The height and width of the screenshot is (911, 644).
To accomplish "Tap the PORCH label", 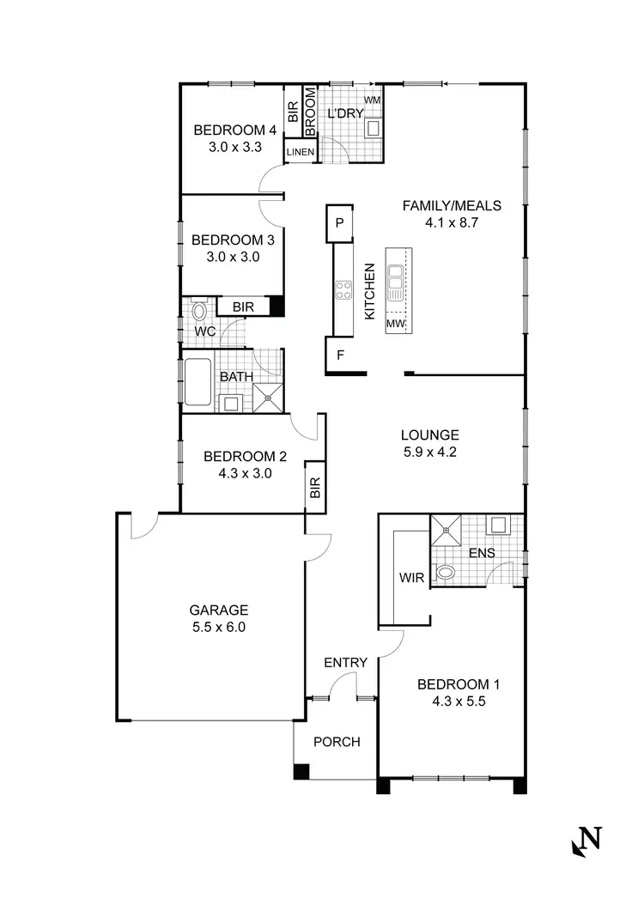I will pyautogui.click(x=336, y=742).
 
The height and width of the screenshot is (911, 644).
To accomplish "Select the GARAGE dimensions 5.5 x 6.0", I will pyautogui.click(x=218, y=627).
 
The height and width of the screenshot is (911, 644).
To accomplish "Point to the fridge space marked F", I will pyautogui.click(x=339, y=354).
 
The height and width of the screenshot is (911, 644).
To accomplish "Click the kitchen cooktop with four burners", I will pyautogui.click(x=343, y=290).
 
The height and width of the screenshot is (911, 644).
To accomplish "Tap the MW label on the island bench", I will pyautogui.click(x=395, y=324).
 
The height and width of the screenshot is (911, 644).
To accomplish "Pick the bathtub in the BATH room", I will pyautogui.click(x=198, y=382).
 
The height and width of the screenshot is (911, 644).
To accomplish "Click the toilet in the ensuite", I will pyautogui.click(x=446, y=571).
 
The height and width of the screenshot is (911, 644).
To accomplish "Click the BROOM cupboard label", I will pyautogui.click(x=311, y=112).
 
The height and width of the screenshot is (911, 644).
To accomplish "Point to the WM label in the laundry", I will pyautogui.click(x=372, y=100).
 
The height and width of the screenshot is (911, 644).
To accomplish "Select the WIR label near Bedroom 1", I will pyautogui.click(x=410, y=577).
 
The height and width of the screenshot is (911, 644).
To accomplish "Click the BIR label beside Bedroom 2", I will pyautogui.click(x=315, y=489).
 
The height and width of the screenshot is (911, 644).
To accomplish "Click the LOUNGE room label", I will pyautogui.click(x=429, y=434).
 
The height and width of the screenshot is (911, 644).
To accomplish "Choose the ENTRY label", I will pyautogui.click(x=345, y=662).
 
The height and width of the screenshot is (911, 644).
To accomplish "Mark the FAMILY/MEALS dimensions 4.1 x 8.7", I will pyautogui.click(x=451, y=222).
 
